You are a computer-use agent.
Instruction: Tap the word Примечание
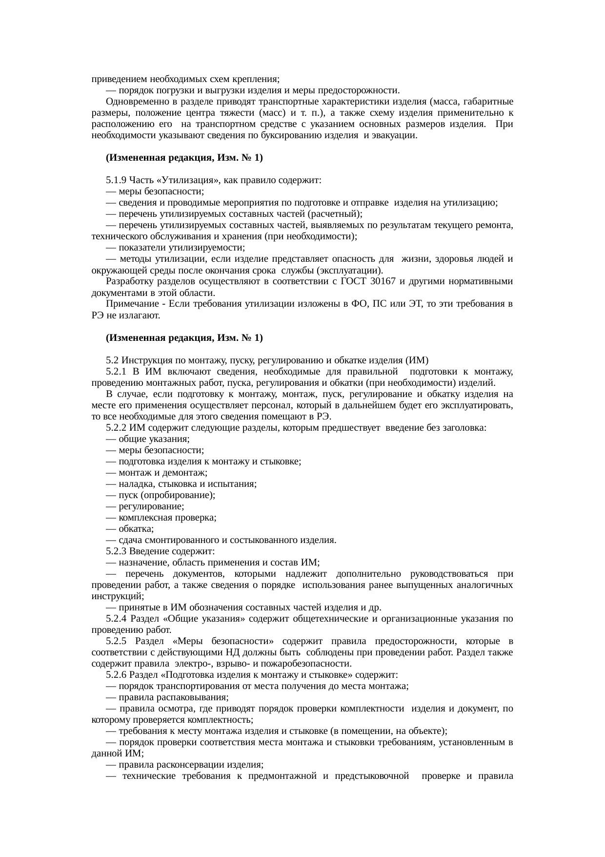point(134,304)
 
